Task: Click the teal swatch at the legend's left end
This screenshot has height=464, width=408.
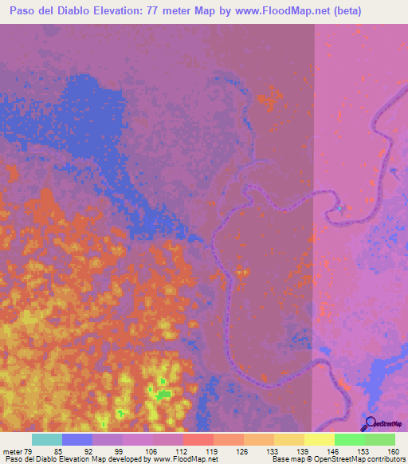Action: point(46,439)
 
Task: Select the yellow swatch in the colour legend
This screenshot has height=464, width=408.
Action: point(319,439)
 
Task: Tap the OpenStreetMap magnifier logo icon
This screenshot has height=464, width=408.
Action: point(369,425)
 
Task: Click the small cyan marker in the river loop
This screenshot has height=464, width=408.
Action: point(340,209)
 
